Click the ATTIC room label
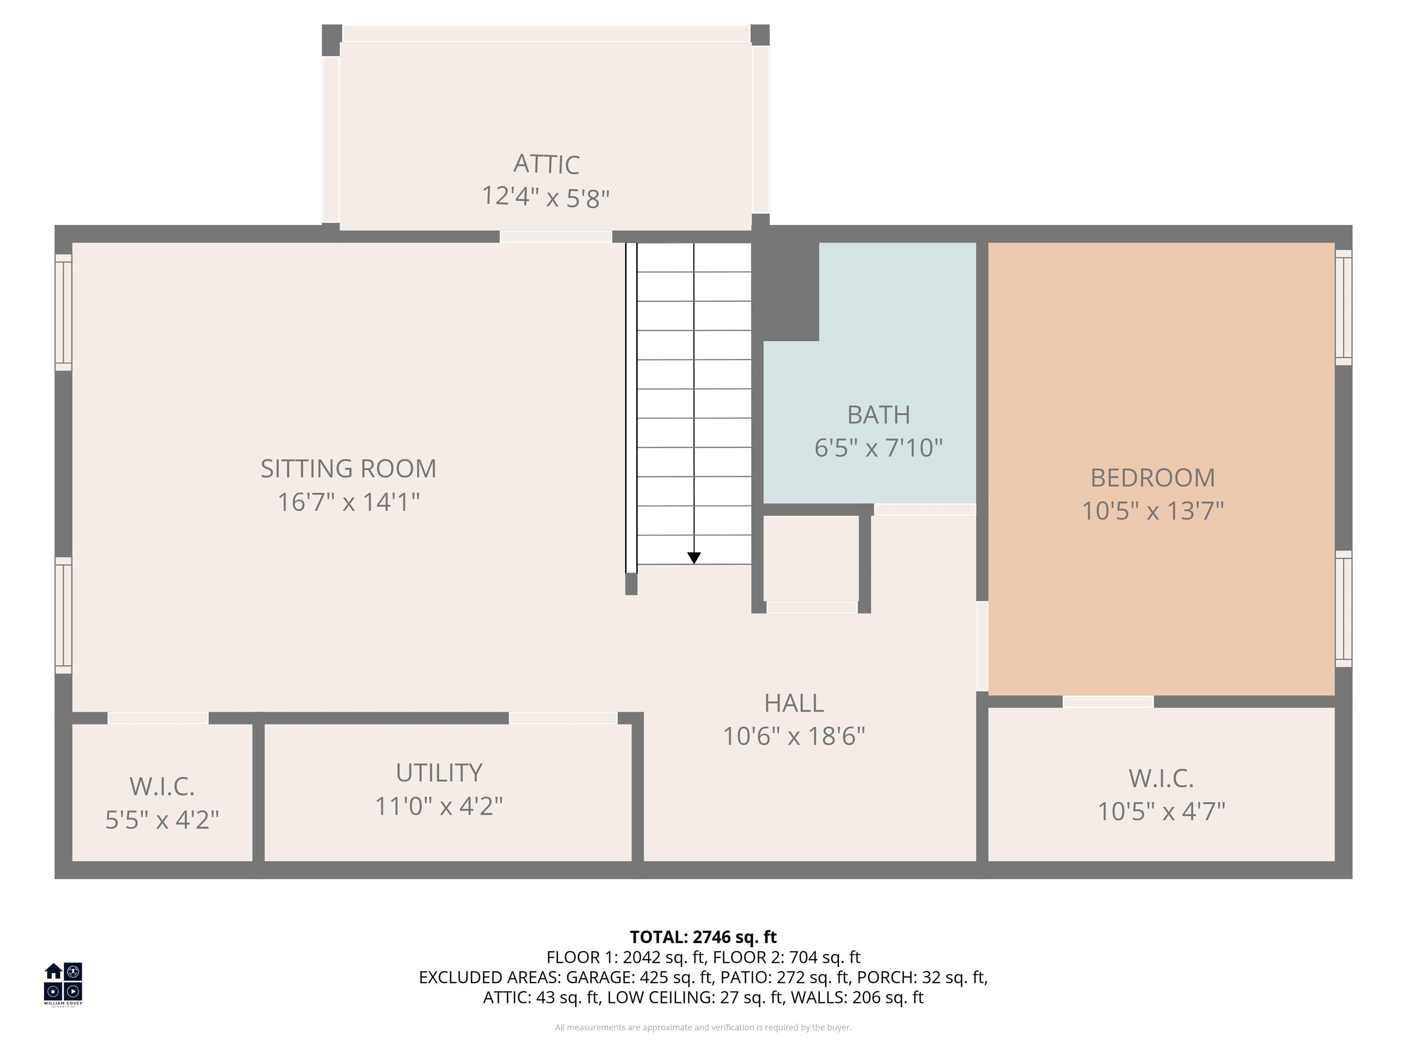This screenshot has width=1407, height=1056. point(546,164)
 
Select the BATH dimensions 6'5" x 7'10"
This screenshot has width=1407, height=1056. point(878,448)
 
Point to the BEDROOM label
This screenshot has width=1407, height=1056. point(1152,478)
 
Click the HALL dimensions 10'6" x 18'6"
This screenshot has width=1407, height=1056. point(794,737)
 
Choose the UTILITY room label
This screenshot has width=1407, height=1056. point(439,773)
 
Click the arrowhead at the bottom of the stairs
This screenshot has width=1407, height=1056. point(694,558)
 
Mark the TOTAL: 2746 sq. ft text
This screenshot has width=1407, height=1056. point(703,937)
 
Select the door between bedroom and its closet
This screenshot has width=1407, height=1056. point(1108,701)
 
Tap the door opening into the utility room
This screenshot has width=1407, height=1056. point(563,719)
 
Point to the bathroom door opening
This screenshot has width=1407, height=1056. point(925,510)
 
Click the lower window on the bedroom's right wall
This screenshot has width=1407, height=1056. point(1343,609)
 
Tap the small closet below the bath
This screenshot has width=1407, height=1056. point(811,558)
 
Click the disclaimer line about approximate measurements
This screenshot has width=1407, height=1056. point(703,1028)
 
